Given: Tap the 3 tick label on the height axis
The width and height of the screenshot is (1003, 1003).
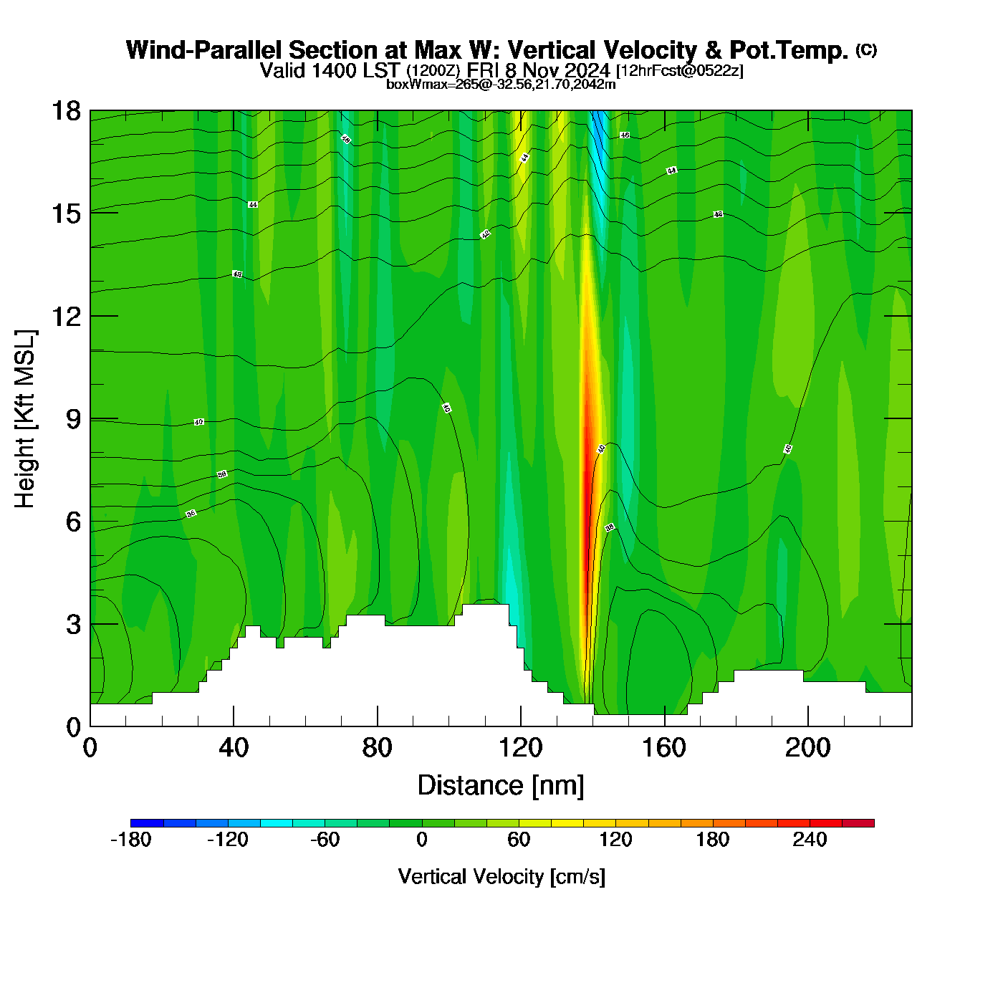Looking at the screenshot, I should click(73, 625).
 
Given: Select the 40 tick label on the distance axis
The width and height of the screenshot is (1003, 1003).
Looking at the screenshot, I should click(234, 748).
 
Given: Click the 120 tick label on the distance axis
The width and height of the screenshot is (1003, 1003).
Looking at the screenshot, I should click(521, 748).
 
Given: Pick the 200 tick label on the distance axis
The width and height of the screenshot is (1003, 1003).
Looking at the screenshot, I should click(807, 748).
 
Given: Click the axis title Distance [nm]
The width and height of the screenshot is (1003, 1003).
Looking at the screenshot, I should click(501, 786).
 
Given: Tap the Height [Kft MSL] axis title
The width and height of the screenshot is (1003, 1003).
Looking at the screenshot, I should click(26, 419).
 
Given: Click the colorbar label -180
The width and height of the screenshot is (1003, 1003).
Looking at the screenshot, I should click(131, 840).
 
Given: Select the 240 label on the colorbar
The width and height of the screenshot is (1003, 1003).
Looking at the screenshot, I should click(810, 840).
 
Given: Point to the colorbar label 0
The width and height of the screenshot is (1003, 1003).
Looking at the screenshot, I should click(422, 840).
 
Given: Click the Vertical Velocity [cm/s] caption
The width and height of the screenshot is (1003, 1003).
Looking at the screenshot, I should click(501, 876).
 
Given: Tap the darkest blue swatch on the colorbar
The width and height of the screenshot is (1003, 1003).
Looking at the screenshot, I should click(147, 823).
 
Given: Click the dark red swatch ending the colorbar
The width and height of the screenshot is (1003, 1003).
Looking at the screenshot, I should click(858, 823).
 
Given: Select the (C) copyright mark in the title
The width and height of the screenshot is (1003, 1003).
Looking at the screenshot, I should click(866, 49).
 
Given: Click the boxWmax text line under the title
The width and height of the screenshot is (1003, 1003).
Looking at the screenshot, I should click(501, 84).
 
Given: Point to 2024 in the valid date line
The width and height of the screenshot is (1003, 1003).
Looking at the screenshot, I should click(587, 71).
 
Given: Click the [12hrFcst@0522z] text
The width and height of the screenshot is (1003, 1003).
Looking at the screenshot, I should click(679, 71).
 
